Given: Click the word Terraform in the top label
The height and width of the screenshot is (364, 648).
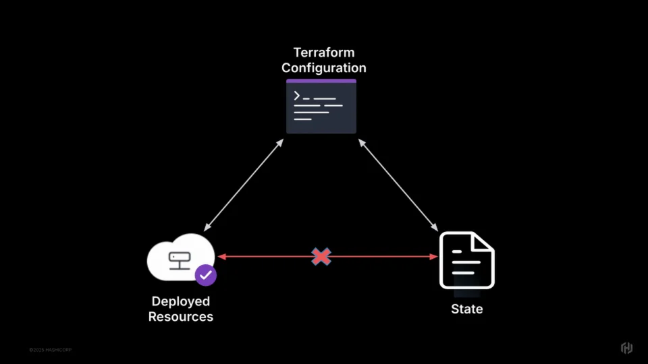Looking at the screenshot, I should point(323,53).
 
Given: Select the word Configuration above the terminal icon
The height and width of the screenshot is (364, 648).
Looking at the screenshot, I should point(323,68).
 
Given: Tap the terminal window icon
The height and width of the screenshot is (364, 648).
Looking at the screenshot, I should point(321,108).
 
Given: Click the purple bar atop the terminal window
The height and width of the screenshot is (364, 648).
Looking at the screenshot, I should point(321,81).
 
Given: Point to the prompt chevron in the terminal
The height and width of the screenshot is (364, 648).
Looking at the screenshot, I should point(296,95).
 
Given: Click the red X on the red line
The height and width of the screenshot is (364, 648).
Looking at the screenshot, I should point(321,256).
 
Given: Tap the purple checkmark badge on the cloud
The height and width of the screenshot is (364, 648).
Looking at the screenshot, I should point(205,275).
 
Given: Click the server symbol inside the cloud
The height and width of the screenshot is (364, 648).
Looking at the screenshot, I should point(180,259).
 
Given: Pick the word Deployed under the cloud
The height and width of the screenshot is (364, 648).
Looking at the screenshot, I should point(180,301).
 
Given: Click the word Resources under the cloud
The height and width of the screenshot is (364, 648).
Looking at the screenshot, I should point(180,317).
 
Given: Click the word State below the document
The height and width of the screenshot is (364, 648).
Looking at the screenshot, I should point(466,309).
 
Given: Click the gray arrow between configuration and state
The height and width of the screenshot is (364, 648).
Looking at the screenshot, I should point(398,185).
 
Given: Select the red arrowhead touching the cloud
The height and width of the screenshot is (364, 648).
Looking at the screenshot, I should point(221,256).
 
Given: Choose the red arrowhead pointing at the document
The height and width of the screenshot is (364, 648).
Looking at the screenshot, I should point(433,256).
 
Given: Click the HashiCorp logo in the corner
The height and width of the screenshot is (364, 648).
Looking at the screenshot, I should point(626,348).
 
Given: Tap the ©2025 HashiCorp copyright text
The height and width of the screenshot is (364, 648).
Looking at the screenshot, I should point(49,350).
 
